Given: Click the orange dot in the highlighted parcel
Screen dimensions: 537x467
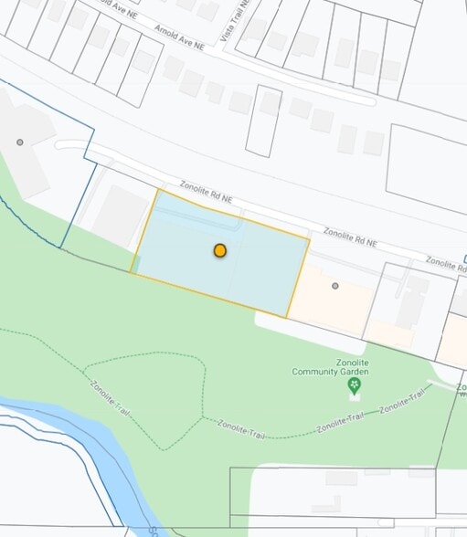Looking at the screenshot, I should [x=220, y=250].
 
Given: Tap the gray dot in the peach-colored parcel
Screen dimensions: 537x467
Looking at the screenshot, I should [x=335, y=286].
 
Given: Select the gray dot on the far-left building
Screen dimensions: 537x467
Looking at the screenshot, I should [x=19, y=142].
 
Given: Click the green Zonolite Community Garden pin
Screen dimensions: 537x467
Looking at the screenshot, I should [x=354, y=386].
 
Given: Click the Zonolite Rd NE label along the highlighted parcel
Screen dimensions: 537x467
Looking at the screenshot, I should [x=207, y=190].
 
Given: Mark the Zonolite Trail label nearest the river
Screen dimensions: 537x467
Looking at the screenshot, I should [x=108, y=400].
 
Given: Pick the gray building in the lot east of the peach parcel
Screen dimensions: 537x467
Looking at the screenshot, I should [x=411, y=300].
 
